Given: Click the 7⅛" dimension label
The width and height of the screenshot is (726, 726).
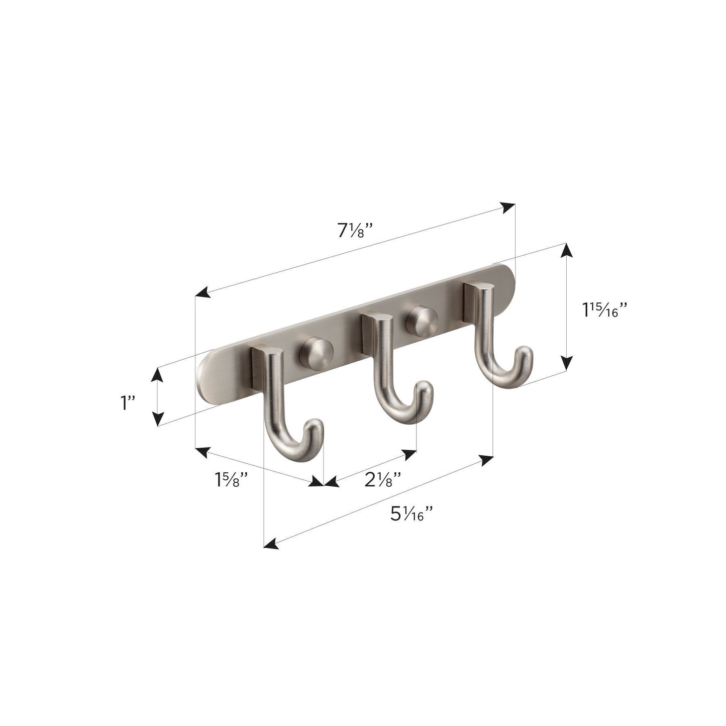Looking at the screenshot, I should [355, 231].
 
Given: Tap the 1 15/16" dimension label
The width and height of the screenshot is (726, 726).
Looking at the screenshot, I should [605, 310].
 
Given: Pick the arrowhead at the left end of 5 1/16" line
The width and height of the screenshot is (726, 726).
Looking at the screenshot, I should [271, 544].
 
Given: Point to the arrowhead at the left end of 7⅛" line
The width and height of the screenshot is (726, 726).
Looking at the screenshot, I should [202, 293].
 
